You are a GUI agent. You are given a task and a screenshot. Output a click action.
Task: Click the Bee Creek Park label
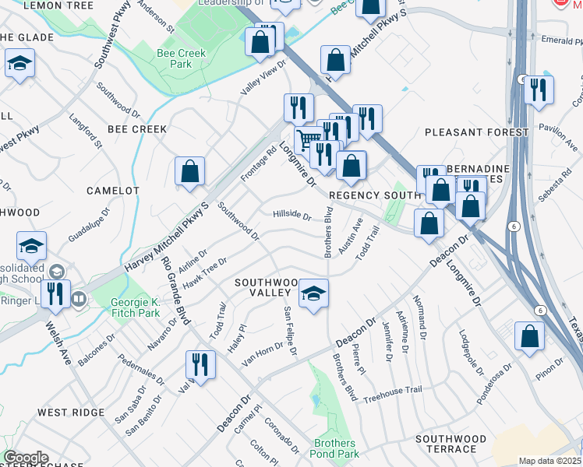[x=175, y=58]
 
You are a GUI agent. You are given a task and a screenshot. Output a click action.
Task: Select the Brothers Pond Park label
[x=335, y=448]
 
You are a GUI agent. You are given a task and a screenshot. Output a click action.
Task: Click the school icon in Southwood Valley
[x=313, y=293]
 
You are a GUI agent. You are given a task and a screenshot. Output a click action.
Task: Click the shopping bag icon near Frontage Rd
[x=189, y=171]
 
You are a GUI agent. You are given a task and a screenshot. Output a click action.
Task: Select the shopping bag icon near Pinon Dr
[x=529, y=336]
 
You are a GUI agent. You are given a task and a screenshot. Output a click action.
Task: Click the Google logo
[x=26, y=458]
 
